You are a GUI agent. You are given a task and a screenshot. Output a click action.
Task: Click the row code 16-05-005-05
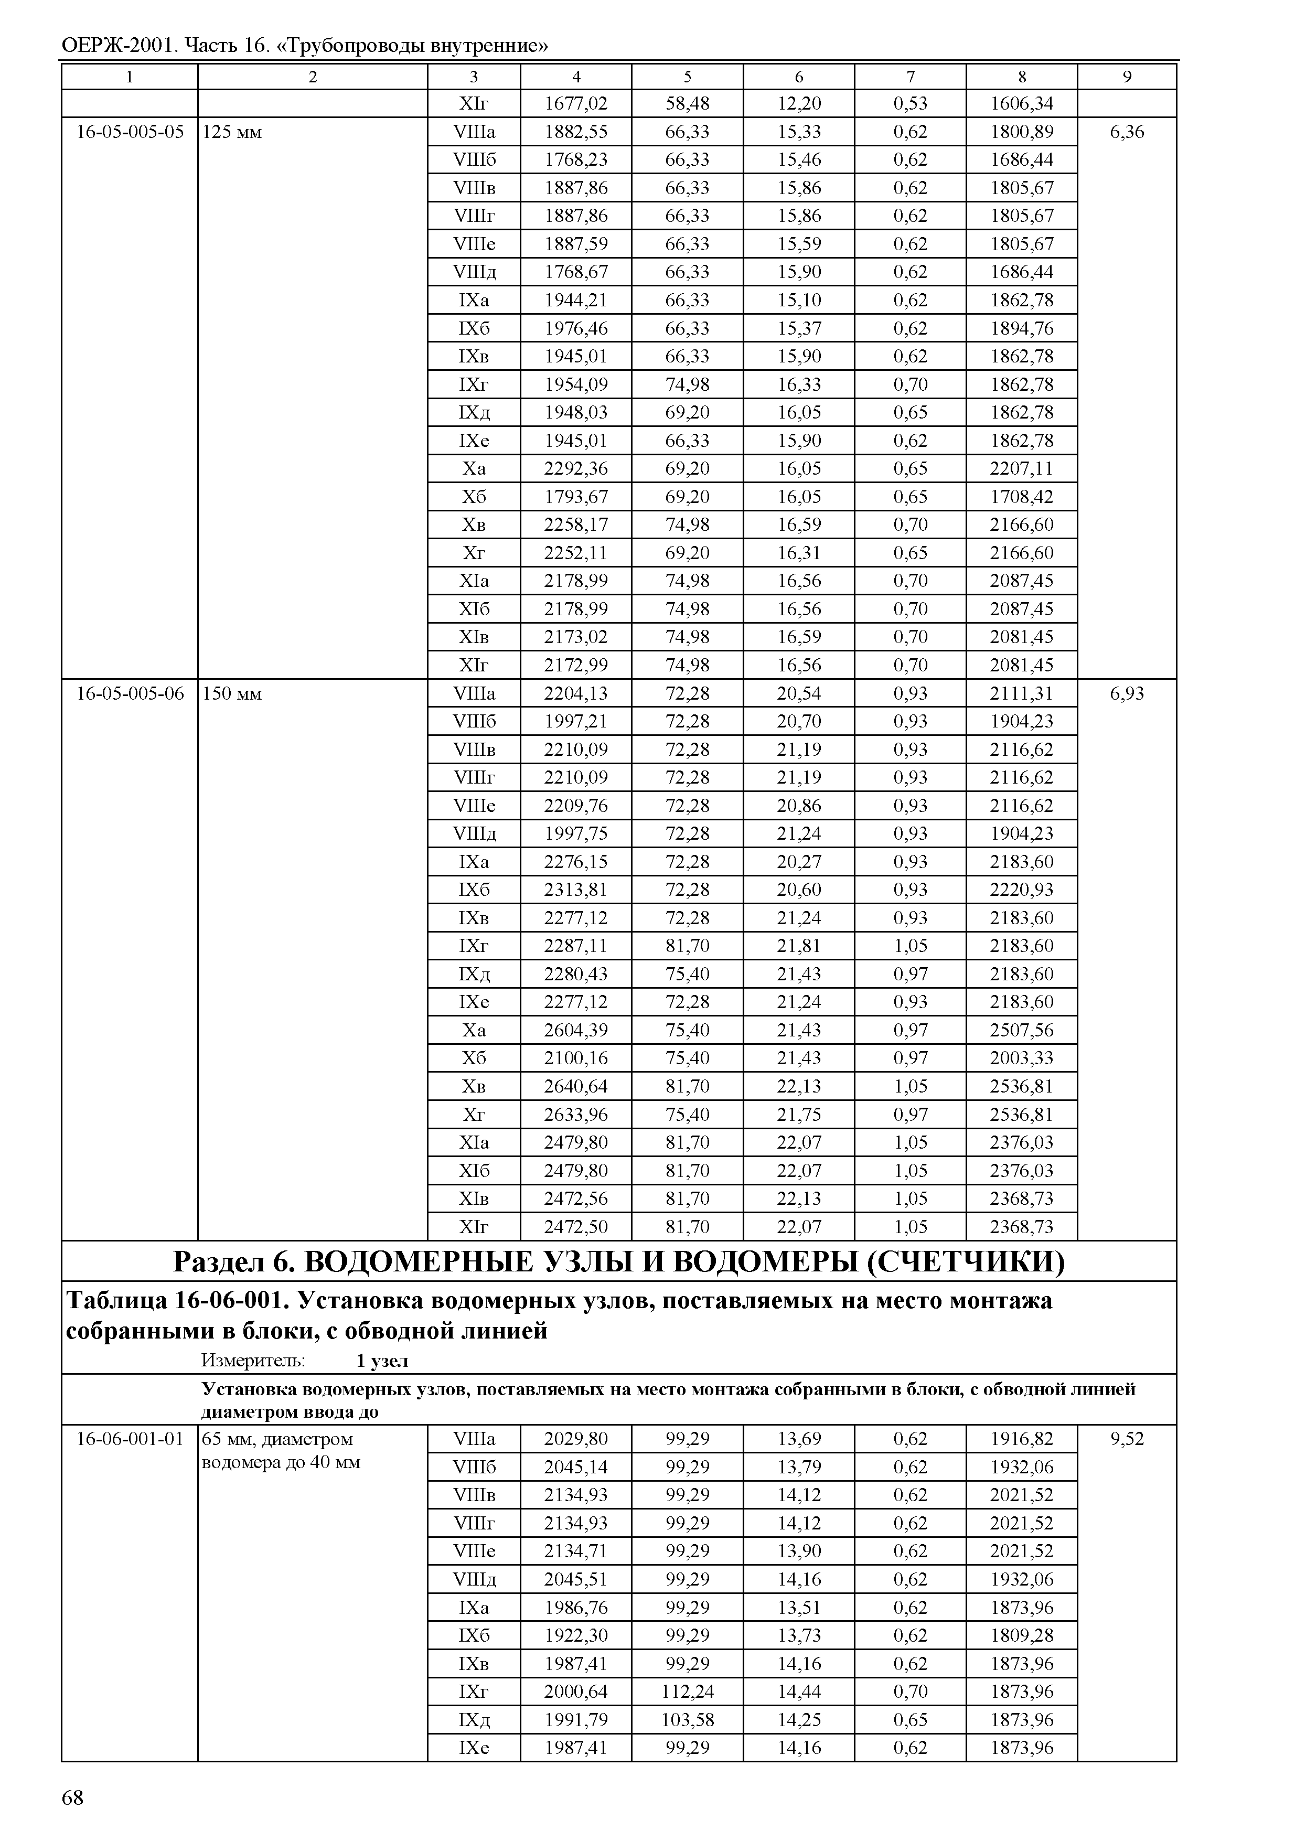coord(130,132)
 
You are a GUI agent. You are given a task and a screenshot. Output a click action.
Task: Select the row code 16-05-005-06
coord(130,693)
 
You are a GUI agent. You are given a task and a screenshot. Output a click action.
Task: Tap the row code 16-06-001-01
coord(130,1439)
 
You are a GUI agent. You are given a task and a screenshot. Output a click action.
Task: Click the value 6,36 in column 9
coord(1127,132)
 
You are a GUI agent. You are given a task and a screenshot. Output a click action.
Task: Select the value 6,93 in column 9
coord(1127,693)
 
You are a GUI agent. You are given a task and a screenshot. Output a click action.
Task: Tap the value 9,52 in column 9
coord(1127,1439)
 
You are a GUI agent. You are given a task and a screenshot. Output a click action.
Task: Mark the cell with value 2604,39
coord(576,1030)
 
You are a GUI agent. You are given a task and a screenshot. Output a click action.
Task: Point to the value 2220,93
coord(1021,890)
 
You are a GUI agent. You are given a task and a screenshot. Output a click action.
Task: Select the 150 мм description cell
coord(232,693)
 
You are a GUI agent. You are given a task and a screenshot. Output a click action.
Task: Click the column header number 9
coord(1127,77)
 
